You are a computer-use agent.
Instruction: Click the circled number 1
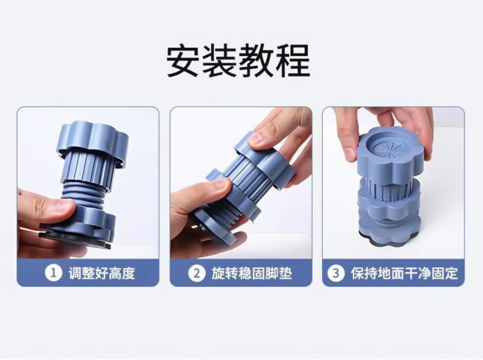pyautogui.click(x=54, y=273)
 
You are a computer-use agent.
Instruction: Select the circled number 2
pyautogui.click(x=197, y=273)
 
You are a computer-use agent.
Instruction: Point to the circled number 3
pyautogui.click(x=336, y=273)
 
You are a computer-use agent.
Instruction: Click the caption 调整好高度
pyautogui.click(x=102, y=273)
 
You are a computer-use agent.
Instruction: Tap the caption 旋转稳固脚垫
pyautogui.click(x=252, y=273)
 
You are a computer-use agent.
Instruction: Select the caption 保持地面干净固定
pyautogui.click(x=404, y=273)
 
